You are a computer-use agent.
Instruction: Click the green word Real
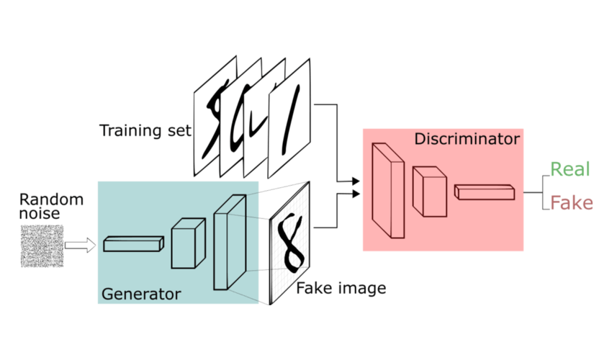[x=570, y=170]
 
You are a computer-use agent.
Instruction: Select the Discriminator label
[x=467, y=138]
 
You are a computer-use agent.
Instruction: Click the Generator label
[x=141, y=294]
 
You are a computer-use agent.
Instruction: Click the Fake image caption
[x=341, y=289]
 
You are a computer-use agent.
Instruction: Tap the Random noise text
[x=51, y=206]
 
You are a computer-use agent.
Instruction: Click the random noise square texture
[x=40, y=246]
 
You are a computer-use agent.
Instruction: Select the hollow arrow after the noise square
[x=80, y=246]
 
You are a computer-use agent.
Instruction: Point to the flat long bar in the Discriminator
[x=485, y=191]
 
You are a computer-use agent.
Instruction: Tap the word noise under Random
[x=40, y=213]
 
